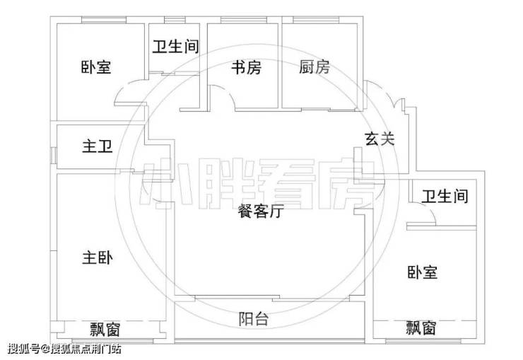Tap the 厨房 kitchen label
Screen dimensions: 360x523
(315, 68)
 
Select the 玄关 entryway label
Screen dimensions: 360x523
(380, 139)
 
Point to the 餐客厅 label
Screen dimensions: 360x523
(261, 211)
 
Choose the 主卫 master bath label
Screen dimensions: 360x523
(98, 146)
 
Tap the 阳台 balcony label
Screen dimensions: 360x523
(254, 319)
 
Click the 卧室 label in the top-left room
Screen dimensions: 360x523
(96, 68)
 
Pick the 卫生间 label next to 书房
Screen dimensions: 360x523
(175, 47)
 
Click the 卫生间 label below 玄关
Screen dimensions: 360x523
(445, 196)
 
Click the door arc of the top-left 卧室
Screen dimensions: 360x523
(127, 93)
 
